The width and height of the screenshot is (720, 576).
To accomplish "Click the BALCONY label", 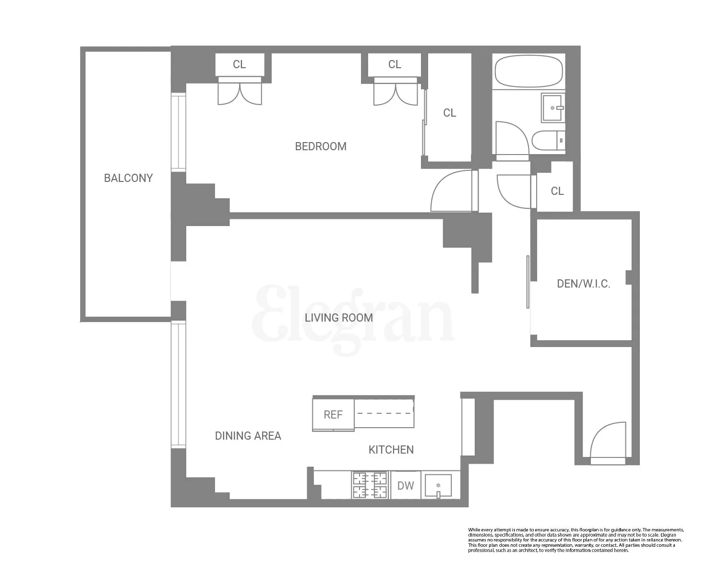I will (128, 178).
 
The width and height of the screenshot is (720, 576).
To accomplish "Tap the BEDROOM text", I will (321, 146).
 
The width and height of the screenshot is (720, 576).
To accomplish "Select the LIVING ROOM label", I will (338, 318).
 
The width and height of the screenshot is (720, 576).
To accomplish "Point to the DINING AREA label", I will (248, 436).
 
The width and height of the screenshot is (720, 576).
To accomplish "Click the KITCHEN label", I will (391, 450).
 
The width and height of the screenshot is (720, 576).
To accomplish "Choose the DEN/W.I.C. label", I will (583, 284).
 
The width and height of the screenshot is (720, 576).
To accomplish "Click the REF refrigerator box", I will (333, 415).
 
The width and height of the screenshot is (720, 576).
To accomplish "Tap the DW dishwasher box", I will (406, 486).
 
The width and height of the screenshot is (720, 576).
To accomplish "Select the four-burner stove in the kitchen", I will (370, 485).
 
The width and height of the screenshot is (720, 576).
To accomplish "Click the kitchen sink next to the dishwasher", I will (438, 486).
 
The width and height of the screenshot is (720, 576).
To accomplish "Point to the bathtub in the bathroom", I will (528, 72).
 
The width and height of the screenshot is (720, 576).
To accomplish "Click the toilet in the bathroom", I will (547, 140).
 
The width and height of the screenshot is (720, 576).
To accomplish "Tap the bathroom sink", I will (552, 108).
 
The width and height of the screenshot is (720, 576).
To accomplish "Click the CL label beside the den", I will (557, 191).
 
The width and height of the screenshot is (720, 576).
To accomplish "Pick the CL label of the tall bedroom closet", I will (449, 113).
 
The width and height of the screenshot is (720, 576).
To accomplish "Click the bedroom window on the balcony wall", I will (178, 132).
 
